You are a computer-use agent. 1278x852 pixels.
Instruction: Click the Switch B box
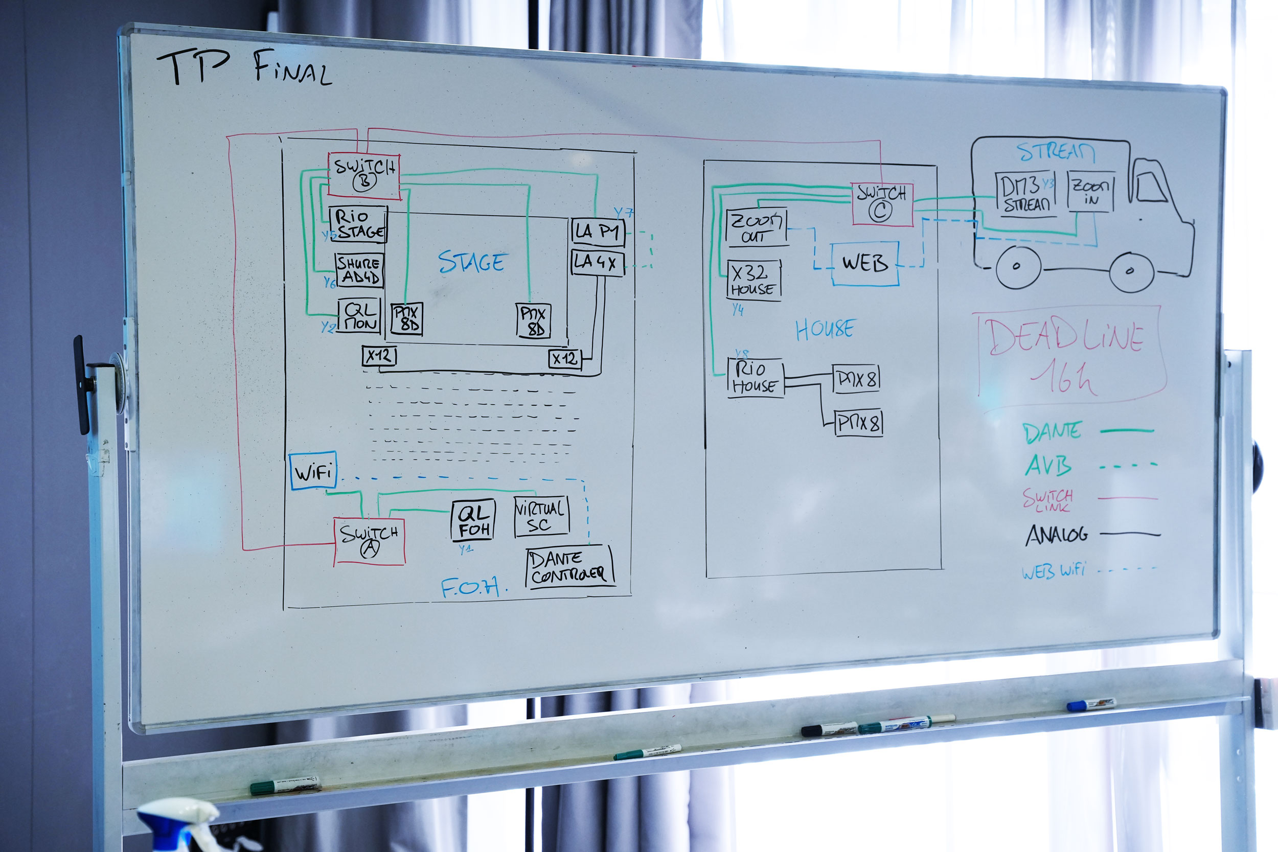(364, 175)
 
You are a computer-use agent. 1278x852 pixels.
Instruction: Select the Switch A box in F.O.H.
(370, 541)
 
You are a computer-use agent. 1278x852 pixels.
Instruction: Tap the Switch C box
(881, 204)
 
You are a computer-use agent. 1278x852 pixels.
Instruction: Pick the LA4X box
(597, 262)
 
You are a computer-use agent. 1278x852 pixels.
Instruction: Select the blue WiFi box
(313, 471)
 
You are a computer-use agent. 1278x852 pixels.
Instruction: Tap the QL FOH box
(473, 520)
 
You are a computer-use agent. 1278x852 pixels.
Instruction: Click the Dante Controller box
(569, 566)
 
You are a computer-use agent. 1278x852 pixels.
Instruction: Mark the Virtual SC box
(541, 516)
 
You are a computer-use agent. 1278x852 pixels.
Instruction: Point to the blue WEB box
(864, 264)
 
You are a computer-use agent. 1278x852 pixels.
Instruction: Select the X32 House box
(754, 279)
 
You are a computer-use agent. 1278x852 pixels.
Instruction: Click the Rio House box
(755, 378)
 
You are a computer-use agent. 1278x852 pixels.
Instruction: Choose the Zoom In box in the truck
(1090, 191)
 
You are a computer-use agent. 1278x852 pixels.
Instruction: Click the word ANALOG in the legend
(1056, 535)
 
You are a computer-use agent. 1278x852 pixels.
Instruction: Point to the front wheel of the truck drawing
(1131, 271)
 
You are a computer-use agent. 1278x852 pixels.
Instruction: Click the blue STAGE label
(472, 262)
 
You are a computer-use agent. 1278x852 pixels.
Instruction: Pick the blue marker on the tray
(1090, 704)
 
